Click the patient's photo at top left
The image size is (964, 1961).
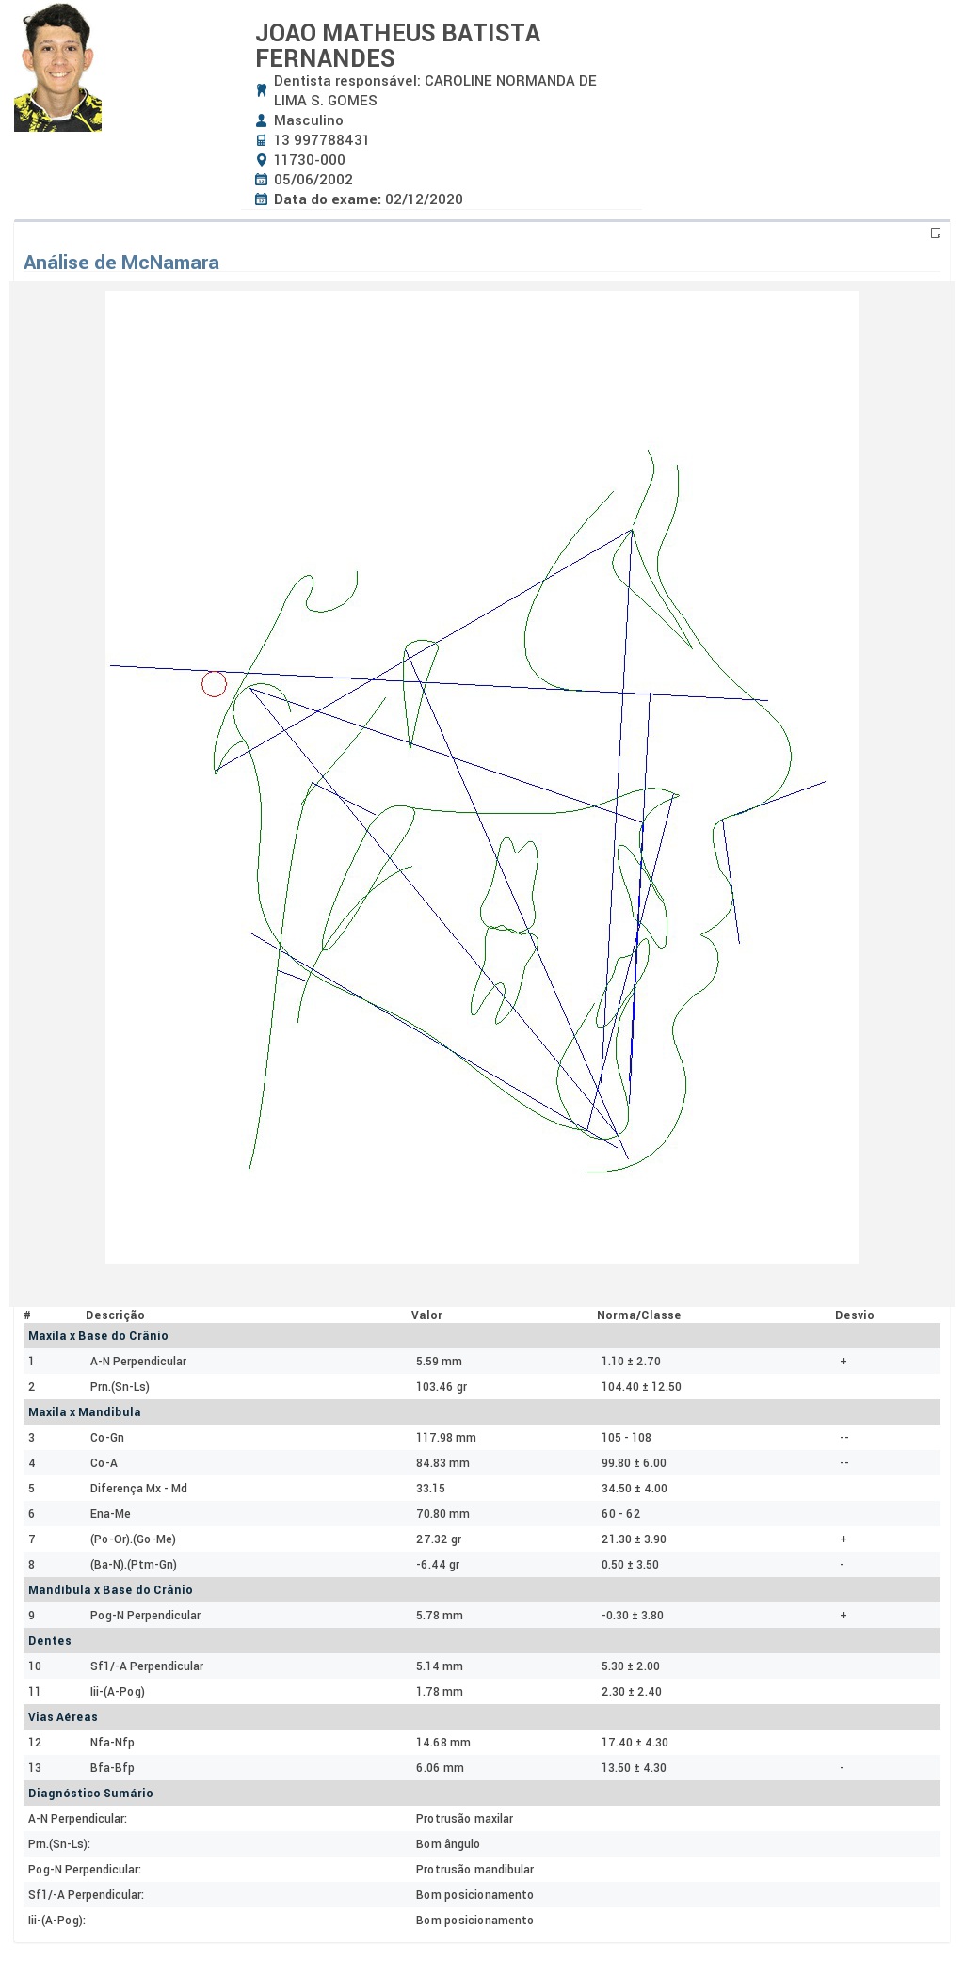57,67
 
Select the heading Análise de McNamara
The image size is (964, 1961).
121,263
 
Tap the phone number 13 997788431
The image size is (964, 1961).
321,140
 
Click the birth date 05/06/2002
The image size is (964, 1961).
313,180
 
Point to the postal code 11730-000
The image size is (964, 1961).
310,160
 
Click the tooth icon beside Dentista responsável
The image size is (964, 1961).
262,90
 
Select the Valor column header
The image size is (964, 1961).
426,1315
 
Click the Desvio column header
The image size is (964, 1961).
855,1315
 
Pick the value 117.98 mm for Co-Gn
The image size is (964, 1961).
446,1438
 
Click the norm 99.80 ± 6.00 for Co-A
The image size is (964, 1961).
634,1463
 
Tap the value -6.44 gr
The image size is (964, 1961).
438,1565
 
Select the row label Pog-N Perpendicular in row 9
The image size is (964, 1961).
145,1616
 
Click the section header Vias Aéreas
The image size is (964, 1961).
63,1717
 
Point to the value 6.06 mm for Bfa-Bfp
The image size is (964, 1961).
440,1768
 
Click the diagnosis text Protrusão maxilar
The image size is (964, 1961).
465,1819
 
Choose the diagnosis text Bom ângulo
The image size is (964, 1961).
448,1844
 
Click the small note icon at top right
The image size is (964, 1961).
936,232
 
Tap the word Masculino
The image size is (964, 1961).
309,120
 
